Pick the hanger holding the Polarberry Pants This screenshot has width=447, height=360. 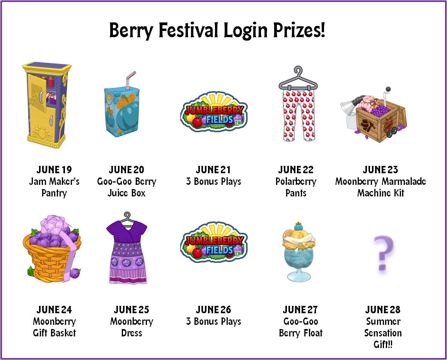pyautogui.click(x=298, y=78)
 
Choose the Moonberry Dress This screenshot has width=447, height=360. pyautogui.click(x=127, y=251)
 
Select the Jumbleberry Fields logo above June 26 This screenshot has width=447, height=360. pyautogui.click(x=214, y=242)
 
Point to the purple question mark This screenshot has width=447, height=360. pyautogui.click(x=384, y=253)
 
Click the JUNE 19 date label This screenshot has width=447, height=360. pyautogui.click(x=54, y=170)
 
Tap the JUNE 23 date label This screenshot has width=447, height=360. pyautogui.click(x=380, y=170)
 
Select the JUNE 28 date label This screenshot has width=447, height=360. pyautogui.click(x=383, y=310)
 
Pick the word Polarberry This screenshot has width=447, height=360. pyautogui.click(x=296, y=182)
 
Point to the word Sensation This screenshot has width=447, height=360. pyautogui.click(x=383, y=333)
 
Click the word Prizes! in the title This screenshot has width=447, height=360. pyautogui.click(x=299, y=30)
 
